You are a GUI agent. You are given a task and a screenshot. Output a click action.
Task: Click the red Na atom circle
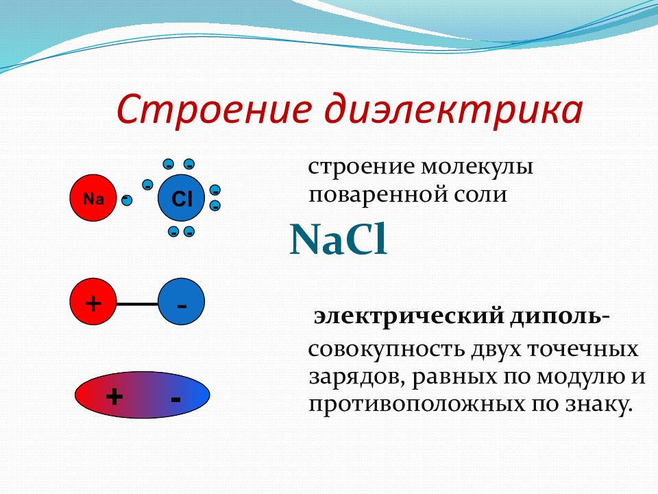[93, 198]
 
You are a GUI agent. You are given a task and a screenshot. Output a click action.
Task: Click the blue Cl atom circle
[181, 198]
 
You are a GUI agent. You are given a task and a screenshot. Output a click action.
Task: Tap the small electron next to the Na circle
[126, 200]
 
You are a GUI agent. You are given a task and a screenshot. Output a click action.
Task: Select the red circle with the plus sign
[93, 301]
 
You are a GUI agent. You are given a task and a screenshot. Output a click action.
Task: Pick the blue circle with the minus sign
[181, 301]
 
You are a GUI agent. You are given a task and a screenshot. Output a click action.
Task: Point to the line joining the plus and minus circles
[137, 303]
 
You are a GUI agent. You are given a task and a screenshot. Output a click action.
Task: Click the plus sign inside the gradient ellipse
[114, 396]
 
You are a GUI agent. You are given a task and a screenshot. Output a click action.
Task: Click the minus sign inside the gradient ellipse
[176, 398]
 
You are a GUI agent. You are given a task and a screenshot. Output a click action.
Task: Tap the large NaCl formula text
[338, 240]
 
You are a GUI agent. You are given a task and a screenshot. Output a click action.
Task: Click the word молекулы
[477, 167]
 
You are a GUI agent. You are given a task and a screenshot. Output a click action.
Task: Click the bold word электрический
[409, 316]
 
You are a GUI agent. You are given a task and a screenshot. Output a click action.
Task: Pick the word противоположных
[417, 405]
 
